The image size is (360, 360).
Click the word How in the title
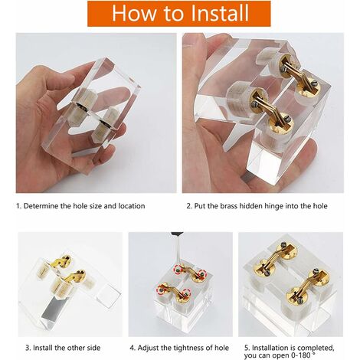point(130,13)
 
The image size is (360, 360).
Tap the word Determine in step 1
point(41,206)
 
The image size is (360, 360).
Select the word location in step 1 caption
point(132,206)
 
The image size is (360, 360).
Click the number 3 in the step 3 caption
point(28,348)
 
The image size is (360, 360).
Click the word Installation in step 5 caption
point(267,348)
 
